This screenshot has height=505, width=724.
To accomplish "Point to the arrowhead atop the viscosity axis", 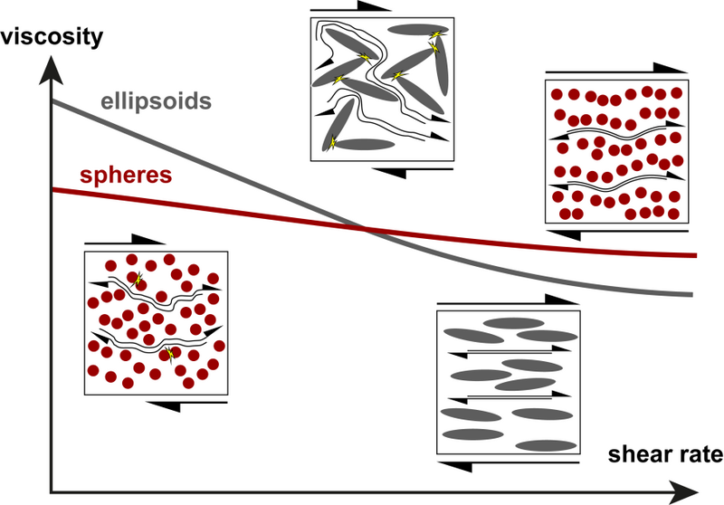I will (x=52, y=71).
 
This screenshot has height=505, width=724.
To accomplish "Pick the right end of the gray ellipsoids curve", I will (x=692, y=294).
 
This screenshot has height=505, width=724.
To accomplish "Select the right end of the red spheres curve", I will (x=694, y=255).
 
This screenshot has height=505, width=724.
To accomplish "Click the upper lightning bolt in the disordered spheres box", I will (x=137, y=280).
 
